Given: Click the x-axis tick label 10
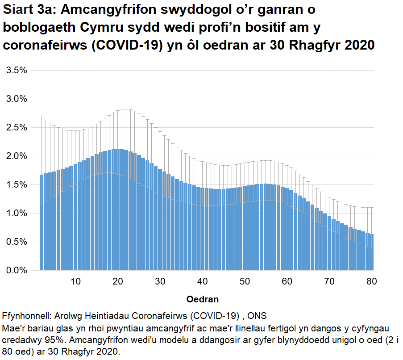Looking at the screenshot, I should click(76, 281).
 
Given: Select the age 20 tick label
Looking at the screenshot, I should click(118, 281).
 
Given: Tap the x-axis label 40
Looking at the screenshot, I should click(202, 281).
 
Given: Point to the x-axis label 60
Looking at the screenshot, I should click(287, 281).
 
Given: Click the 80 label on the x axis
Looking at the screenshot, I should click(371, 281).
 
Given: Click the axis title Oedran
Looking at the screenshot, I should click(202, 299).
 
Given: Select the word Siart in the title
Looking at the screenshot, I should click(19, 10).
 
